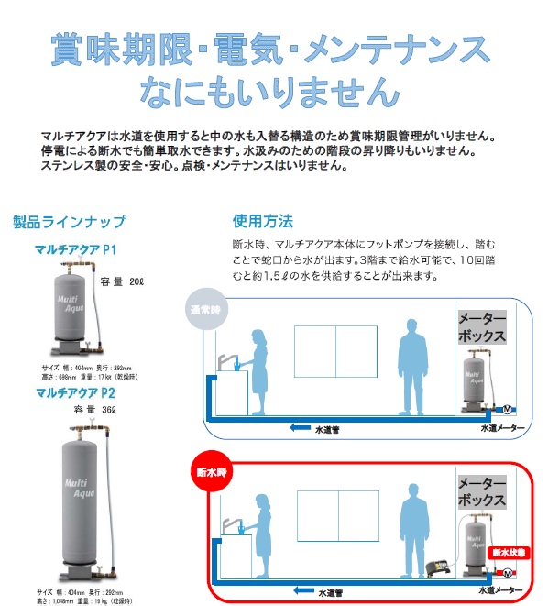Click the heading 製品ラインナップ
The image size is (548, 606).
(x=70, y=222)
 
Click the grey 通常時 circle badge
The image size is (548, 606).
(x=204, y=308)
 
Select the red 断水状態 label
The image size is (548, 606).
(x=507, y=553)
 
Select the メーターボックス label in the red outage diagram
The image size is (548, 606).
(x=481, y=493)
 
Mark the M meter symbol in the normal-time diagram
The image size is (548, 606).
(x=510, y=409)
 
